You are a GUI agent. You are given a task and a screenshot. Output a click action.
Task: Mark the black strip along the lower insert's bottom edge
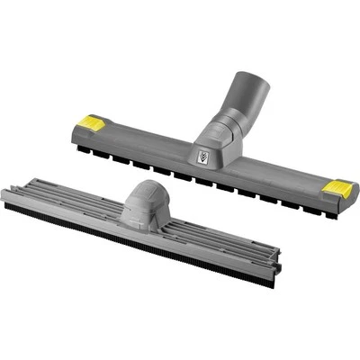[135, 238]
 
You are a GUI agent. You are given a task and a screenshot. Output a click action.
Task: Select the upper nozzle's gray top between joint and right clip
[270, 171]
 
